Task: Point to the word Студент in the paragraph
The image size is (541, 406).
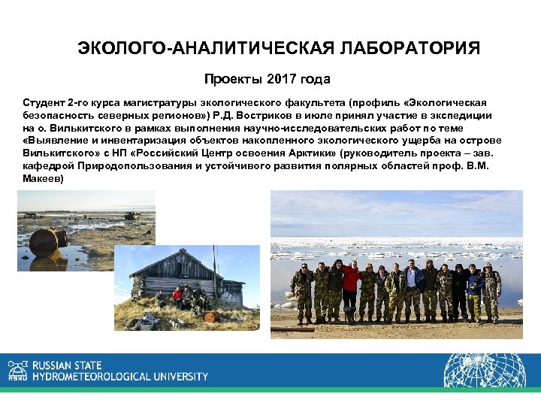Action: pyautogui.click(x=44, y=102)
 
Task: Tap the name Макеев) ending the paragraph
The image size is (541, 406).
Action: pyautogui.click(x=43, y=180)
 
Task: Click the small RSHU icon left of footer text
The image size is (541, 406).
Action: pyautogui.click(x=16, y=370)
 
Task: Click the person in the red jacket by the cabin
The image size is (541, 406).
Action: pyautogui.click(x=177, y=296)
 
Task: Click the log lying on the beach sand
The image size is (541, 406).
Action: pyautogui.click(x=294, y=329)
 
